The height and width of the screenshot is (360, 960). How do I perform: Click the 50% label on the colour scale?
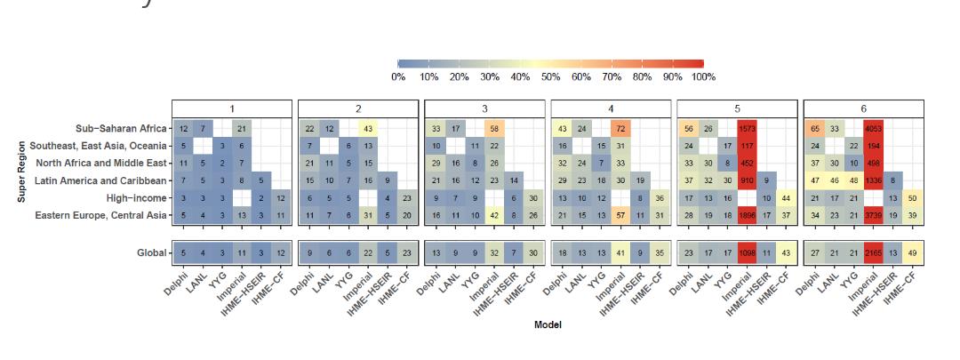point(551,77)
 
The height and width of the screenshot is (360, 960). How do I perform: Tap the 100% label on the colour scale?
point(702,77)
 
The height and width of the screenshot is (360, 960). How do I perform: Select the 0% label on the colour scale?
point(398,77)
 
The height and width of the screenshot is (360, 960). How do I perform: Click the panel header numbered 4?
point(612,108)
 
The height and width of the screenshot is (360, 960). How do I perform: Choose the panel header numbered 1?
point(233,108)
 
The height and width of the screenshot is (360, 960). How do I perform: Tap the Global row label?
point(151,253)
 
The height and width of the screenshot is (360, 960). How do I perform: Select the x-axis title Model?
point(548,325)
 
